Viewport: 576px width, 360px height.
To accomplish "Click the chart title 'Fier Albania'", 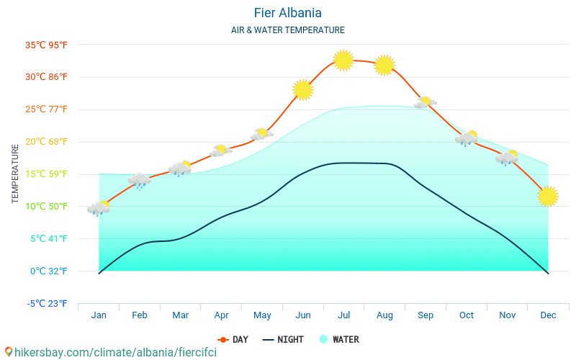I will point(287,13).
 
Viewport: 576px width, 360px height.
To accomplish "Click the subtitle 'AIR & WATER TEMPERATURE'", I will point(287,30).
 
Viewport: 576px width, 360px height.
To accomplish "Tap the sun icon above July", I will point(343,60).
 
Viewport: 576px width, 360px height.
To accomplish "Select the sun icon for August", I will point(384,65).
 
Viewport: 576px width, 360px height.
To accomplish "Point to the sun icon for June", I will point(303,89).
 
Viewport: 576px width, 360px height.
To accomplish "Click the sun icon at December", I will point(548,196).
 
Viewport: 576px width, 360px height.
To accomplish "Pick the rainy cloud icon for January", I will point(99,208).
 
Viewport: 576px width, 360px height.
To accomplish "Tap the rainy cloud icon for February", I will point(140,180).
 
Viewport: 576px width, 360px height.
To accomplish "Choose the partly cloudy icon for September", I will point(425,103).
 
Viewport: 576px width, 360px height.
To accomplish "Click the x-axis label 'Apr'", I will point(221,315).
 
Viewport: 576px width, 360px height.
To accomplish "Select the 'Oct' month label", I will point(467,315).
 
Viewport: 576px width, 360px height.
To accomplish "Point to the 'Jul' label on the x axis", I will point(344,315).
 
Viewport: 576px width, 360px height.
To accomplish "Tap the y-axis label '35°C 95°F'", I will point(46,45).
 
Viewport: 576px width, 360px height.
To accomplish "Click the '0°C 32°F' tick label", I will point(49,271).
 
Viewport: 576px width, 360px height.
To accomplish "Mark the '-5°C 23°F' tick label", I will point(47,303).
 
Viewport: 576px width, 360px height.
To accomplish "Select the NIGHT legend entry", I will point(283,339).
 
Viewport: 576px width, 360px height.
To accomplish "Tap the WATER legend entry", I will point(339,339).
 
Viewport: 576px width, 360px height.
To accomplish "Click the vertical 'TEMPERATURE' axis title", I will point(15,174).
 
